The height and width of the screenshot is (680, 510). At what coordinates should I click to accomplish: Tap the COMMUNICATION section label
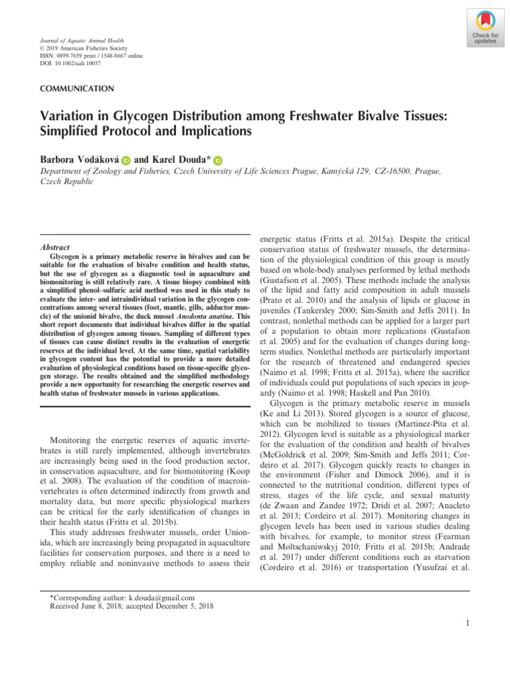(x=77, y=88)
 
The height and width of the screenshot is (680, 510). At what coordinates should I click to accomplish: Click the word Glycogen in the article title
(x=120, y=116)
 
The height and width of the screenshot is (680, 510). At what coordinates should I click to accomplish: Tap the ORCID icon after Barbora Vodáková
(x=126, y=160)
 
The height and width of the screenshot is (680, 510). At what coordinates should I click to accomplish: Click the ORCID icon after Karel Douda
(x=218, y=160)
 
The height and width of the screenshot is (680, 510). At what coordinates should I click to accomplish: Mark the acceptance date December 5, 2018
(x=191, y=606)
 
